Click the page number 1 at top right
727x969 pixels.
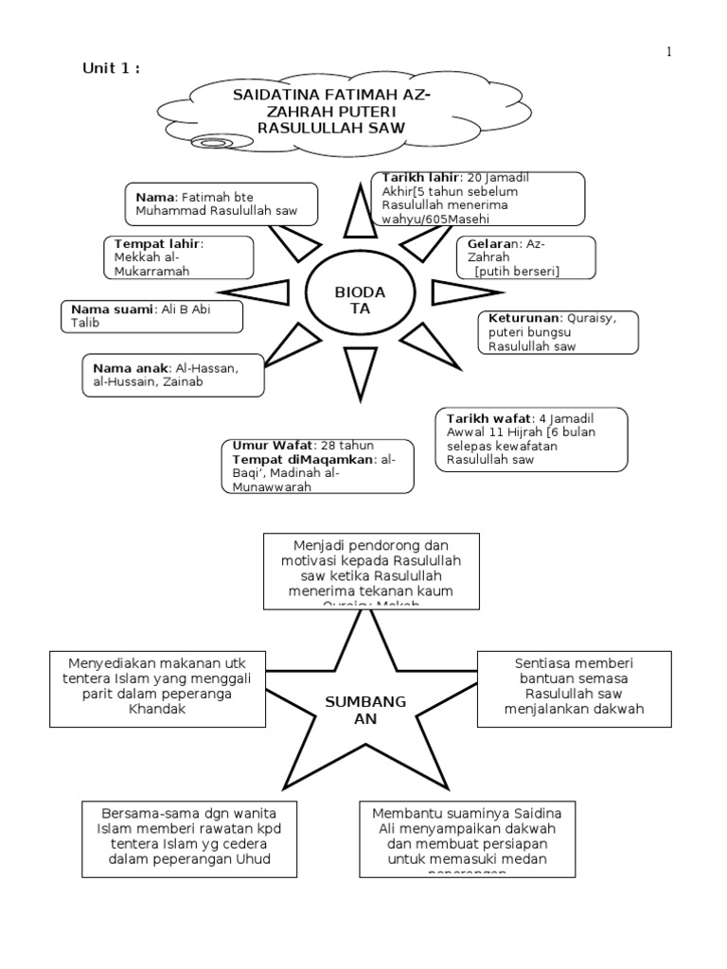pyautogui.click(x=668, y=53)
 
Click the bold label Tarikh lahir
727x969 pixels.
pyautogui.click(x=420, y=177)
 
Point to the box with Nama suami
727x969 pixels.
pyautogui.click(x=151, y=316)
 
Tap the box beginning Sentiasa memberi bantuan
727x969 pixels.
pyautogui.click(x=574, y=687)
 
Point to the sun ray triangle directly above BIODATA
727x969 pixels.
pyautogui.click(x=361, y=212)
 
